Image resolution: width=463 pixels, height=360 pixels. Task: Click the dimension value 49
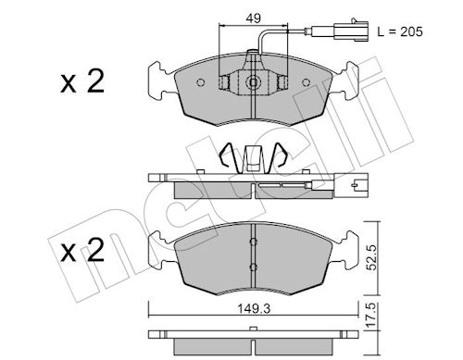click(253, 19)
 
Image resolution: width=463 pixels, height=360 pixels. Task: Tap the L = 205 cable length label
click(400, 31)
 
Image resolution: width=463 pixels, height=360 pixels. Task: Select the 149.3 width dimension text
click(254, 308)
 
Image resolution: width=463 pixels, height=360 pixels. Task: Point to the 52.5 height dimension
click(372, 257)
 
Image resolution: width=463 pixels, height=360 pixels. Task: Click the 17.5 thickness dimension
click(372, 315)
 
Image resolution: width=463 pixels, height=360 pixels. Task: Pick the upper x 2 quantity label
click(82, 81)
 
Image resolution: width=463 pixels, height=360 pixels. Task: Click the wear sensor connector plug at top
click(352, 31)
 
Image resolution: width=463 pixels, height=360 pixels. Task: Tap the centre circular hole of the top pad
click(253, 82)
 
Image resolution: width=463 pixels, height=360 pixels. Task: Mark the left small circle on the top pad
click(201, 82)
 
